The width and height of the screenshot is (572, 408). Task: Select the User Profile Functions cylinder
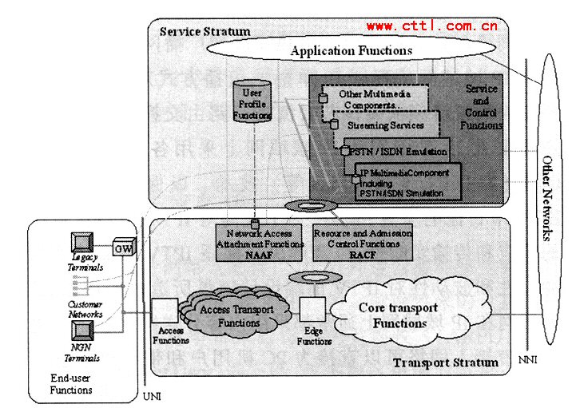[x=252, y=104]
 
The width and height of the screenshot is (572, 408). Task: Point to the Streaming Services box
[x=385, y=125]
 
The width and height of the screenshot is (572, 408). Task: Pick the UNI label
[x=150, y=397]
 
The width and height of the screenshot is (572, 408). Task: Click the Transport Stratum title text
[x=446, y=363]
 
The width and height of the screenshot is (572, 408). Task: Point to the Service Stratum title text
[x=205, y=31]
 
